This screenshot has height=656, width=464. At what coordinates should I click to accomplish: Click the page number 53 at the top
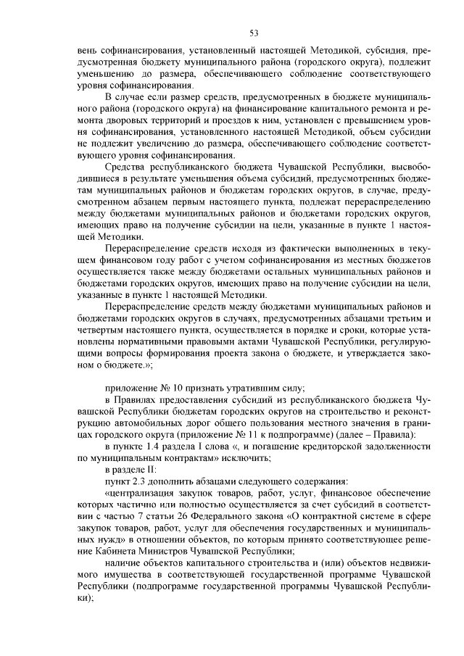click(x=254, y=33)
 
